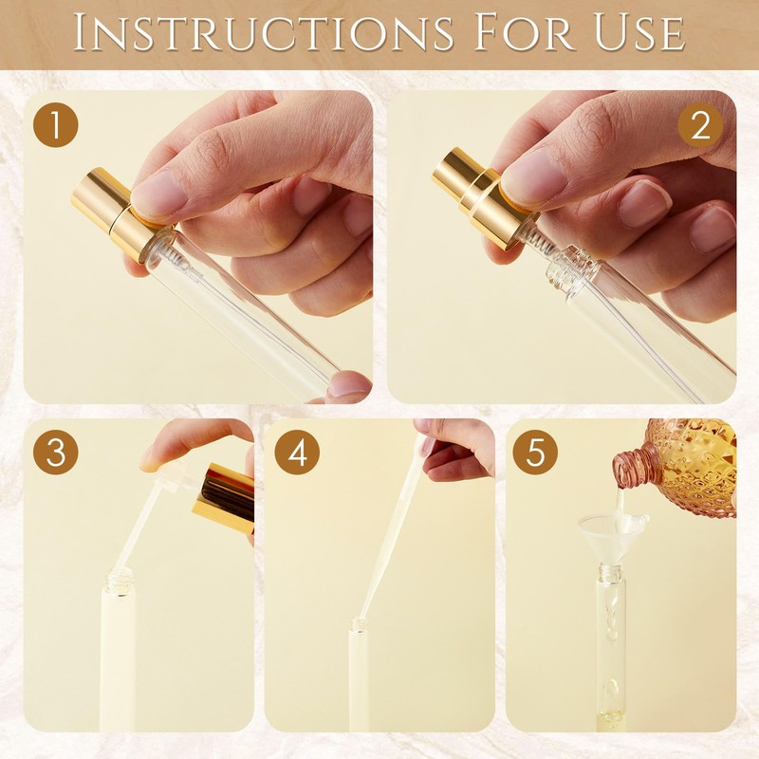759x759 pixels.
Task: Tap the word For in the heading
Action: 525,32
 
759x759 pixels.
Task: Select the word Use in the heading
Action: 639,33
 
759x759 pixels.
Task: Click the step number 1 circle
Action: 56,124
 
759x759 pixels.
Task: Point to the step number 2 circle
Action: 700,125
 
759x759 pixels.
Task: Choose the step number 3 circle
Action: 56,453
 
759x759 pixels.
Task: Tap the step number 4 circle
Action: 297,453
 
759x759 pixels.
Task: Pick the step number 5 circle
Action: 535,453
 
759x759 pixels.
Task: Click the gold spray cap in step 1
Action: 115,213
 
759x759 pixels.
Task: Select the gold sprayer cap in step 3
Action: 224,499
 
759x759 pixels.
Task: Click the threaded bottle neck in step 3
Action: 120,578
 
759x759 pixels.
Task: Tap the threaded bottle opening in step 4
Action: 359,624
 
